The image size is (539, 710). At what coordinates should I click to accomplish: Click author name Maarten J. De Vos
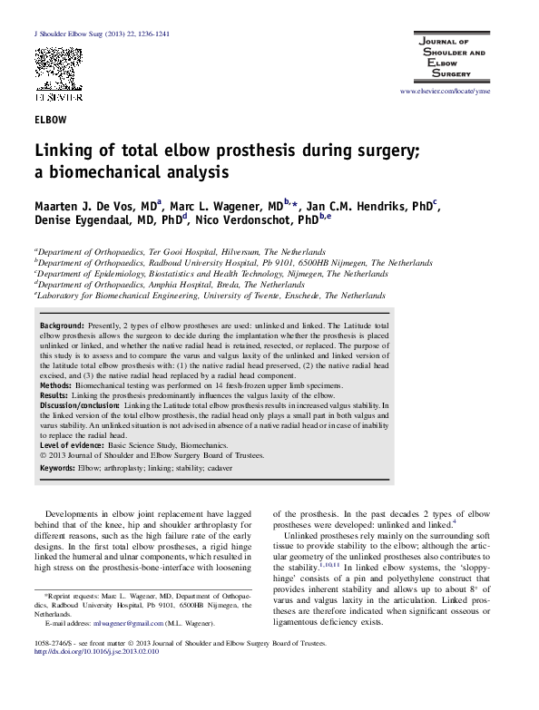pos(93,208)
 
